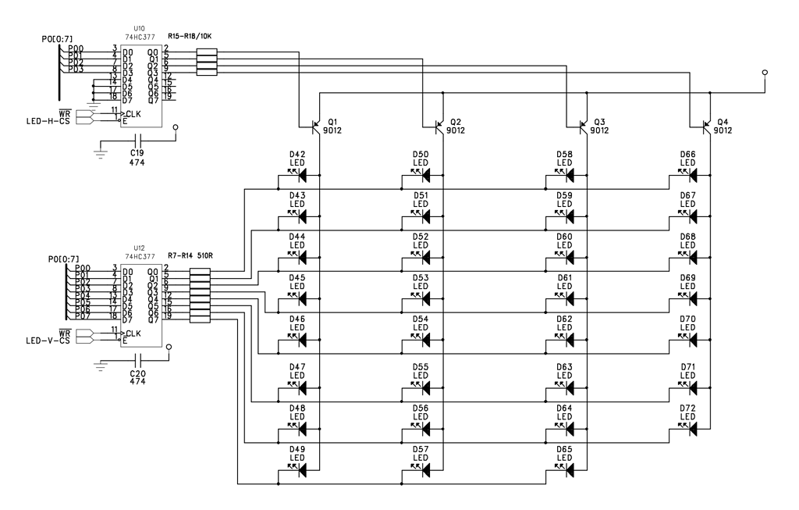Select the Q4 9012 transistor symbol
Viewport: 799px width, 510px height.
tap(707, 126)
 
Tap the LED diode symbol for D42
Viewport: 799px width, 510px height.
tap(297, 174)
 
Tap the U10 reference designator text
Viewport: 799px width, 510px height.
tap(140, 28)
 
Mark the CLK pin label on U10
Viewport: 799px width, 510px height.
tap(133, 113)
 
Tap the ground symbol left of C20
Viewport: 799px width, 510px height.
tap(101, 364)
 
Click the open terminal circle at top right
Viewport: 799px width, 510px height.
tap(764, 73)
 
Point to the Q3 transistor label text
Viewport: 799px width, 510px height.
tap(598, 122)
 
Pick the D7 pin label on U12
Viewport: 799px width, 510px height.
tap(128, 319)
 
